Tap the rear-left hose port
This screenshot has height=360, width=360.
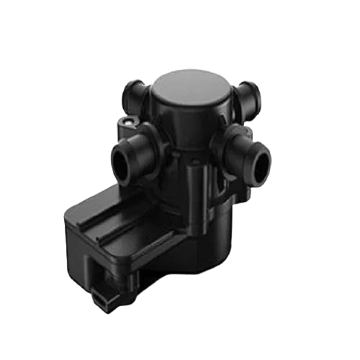click(133, 92)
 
